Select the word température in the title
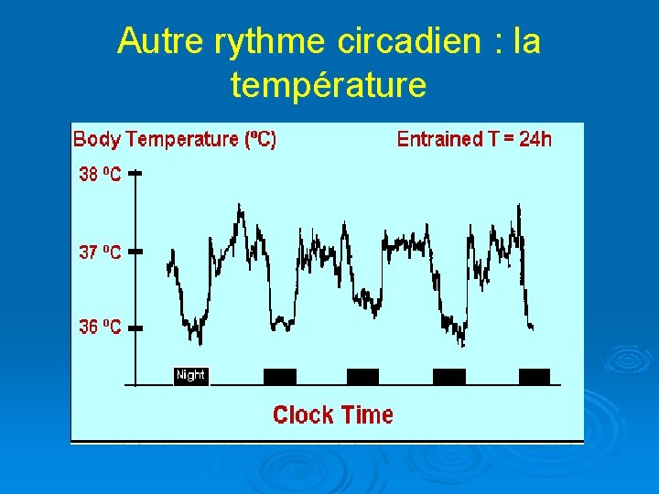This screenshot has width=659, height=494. [x=329, y=85]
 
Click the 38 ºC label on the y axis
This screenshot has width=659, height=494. [x=99, y=174]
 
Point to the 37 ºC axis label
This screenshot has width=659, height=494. [x=99, y=252]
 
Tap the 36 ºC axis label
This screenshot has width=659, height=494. [x=99, y=327]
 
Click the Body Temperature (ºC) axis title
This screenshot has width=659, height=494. [x=174, y=139]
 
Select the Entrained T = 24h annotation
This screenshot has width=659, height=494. [x=474, y=139]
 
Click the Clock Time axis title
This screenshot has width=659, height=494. [x=333, y=414]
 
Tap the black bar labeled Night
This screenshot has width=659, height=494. [x=191, y=375]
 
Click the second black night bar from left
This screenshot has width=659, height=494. [x=280, y=376]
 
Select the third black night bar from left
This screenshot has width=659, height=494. [x=362, y=376]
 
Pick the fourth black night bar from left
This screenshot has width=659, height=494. [x=448, y=376]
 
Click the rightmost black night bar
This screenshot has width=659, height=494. [x=535, y=376]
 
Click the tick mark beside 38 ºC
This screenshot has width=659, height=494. [x=135, y=174]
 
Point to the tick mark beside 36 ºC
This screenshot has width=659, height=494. [x=135, y=327]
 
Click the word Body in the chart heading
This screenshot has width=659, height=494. [x=96, y=139]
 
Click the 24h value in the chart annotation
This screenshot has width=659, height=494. [x=535, y=139]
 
